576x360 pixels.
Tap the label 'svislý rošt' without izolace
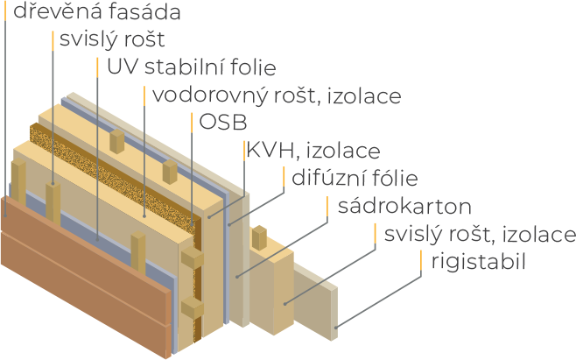coord(111,40)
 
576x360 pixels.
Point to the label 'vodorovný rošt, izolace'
coord(277,94)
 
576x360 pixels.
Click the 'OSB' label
coord(224,121)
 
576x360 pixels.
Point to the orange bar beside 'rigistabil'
coord(422,261)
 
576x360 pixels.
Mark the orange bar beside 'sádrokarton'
coord(329,207)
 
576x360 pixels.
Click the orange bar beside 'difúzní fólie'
coord(285,179)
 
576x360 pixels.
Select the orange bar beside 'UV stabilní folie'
coord(97,67)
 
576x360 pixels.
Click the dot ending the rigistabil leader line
coord(336,326)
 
